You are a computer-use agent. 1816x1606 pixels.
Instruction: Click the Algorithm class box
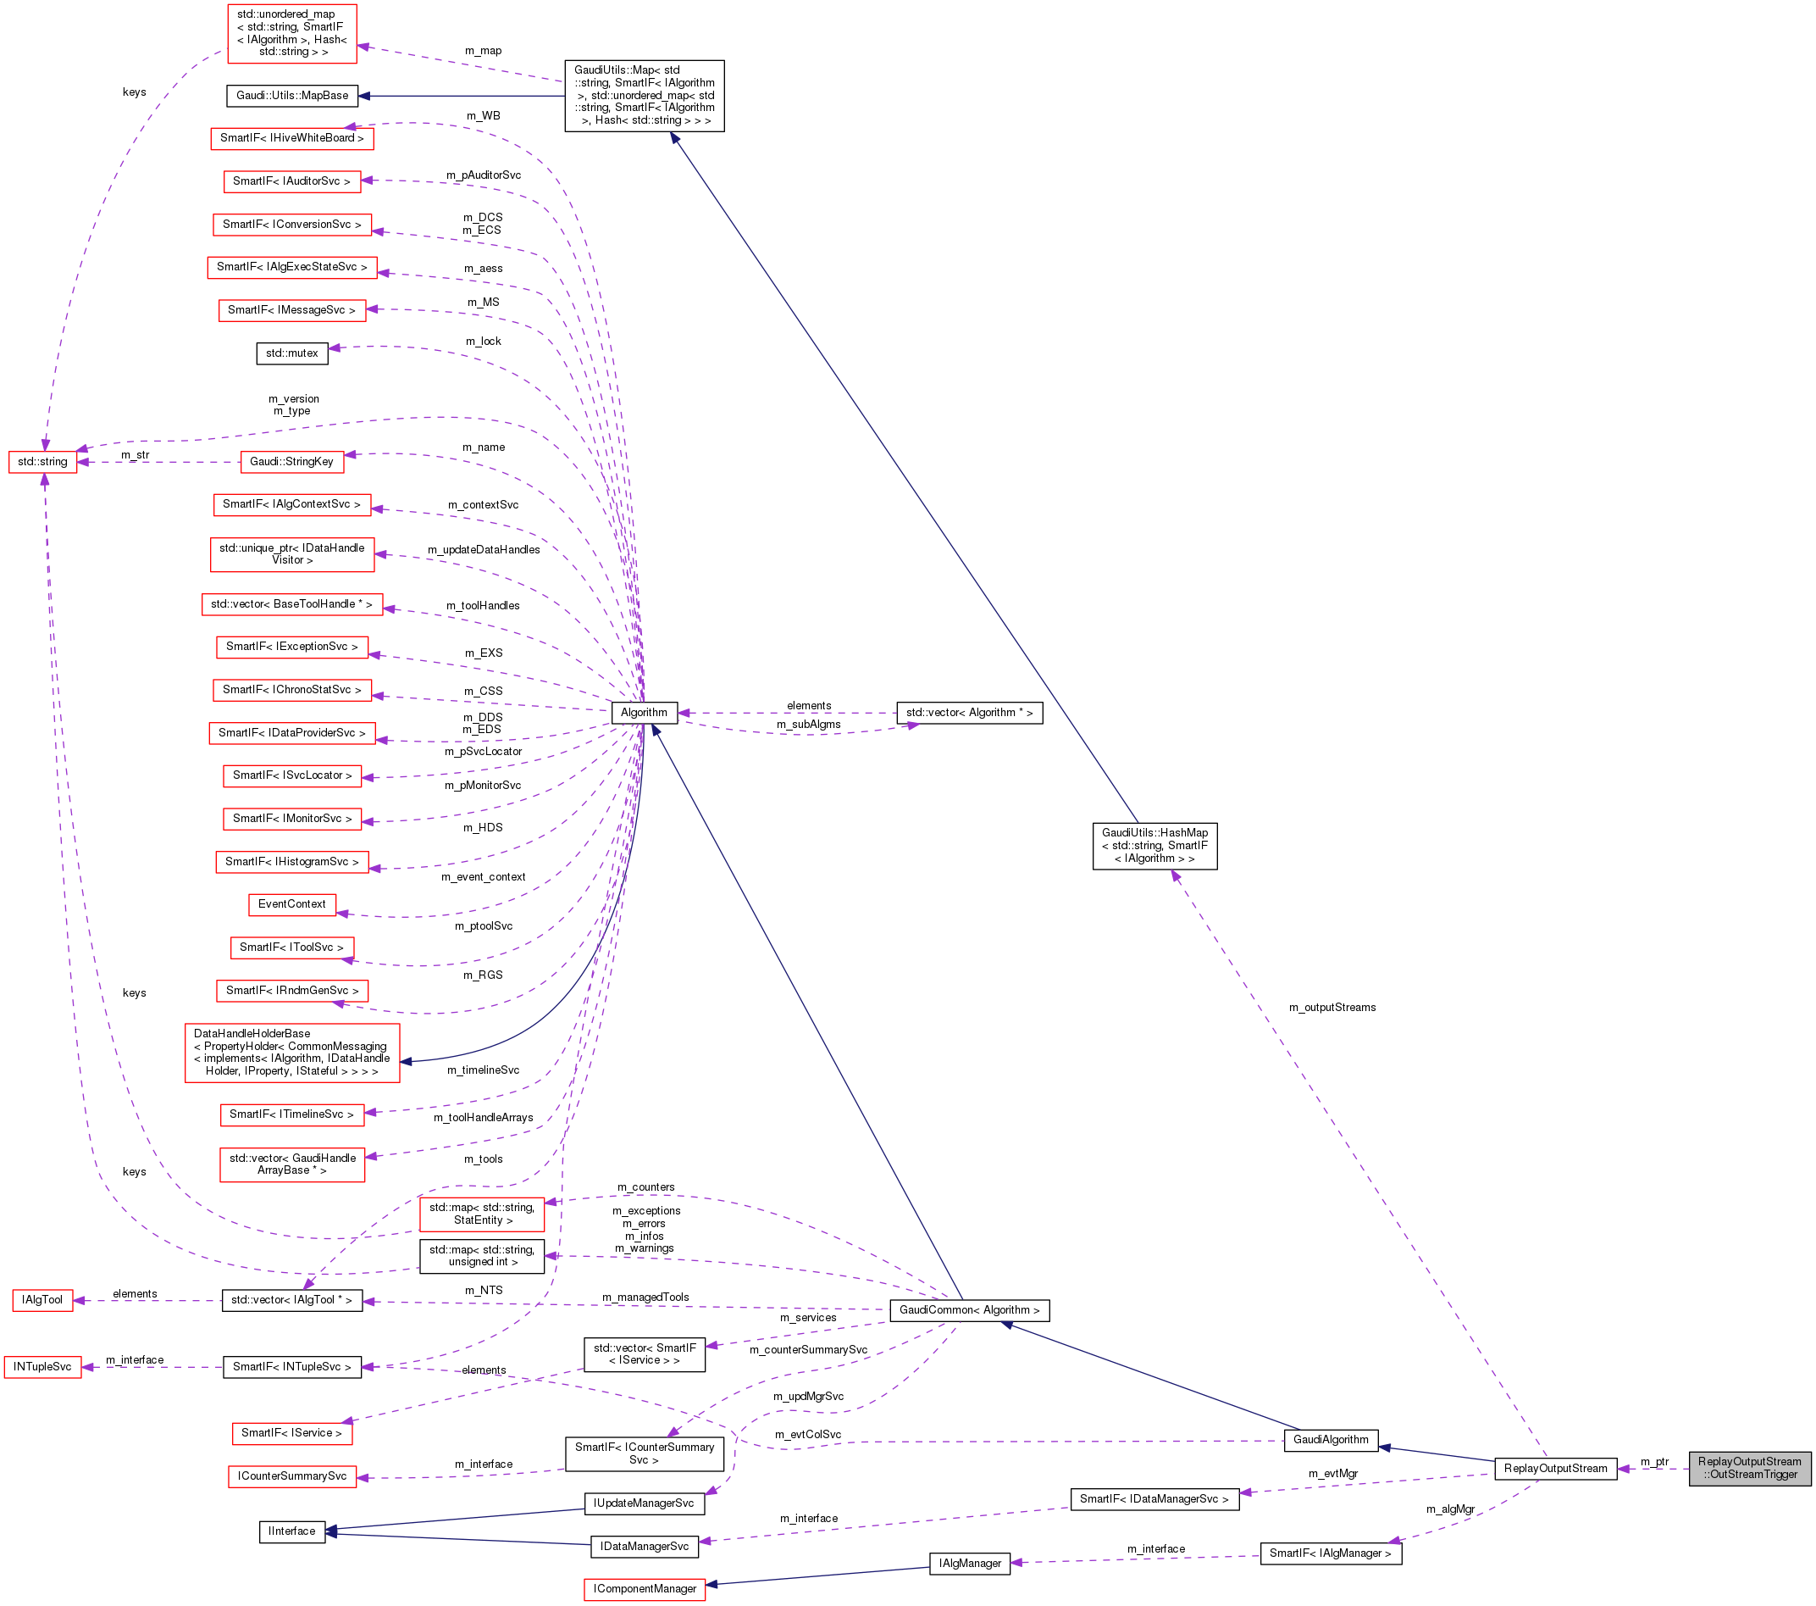point(644,713)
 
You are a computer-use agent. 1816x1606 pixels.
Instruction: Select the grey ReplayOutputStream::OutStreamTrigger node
point(1749,1467)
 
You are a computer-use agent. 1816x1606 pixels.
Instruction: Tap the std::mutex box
point(292,353)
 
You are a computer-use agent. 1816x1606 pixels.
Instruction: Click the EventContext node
point(292,904)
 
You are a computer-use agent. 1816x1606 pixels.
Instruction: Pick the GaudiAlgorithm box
point(1331,1440)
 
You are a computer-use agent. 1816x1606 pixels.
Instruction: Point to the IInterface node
point(292,1531)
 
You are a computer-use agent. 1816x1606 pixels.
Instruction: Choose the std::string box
point(42,462)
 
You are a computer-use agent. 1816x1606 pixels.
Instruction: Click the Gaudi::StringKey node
point(291,462)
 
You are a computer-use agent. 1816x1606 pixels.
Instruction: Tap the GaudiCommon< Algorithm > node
point(969,1310)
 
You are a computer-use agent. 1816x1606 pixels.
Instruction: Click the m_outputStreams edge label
point(1332,1007)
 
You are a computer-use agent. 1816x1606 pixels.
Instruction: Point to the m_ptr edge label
point(1654,1461)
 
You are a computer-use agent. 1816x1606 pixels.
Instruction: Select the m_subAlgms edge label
point(809,725)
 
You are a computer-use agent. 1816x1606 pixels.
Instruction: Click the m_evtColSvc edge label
point(807,1435)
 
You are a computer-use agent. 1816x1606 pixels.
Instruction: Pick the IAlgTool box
point(42,1300)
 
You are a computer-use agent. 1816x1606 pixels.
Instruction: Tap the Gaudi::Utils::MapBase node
point(292,95)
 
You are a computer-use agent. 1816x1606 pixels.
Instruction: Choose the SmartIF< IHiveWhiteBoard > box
point(292,139)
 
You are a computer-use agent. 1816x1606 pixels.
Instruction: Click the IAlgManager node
point(969,1564)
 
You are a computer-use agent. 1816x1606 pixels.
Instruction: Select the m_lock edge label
point(484,342)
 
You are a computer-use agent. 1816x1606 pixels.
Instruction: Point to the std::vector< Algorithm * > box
point(969,713)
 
